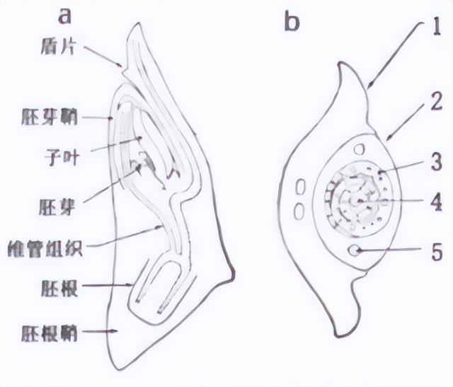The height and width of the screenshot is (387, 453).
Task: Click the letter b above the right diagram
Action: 292,21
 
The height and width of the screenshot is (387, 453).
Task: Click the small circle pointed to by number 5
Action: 354,250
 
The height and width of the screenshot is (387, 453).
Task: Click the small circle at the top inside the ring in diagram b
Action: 360,149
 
